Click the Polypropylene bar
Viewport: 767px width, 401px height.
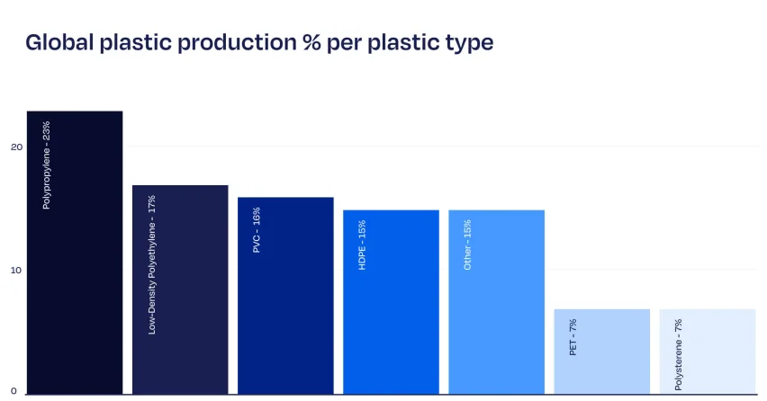pos(75,253)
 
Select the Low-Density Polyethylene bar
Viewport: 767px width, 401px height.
pos(180,290)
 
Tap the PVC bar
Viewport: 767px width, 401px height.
pos(285,296)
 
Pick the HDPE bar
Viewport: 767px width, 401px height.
pos(391,302)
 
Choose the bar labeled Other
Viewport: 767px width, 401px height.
pos(497,302)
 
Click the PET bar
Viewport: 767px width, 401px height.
pos(601,352)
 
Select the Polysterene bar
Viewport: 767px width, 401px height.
pos(708,352)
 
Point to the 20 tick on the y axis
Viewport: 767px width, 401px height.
pos(16,147)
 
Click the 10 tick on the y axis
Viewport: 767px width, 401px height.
pos(16,270)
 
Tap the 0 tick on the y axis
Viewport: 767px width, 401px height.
pos(14,391)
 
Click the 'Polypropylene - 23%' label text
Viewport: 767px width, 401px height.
pos(47,165)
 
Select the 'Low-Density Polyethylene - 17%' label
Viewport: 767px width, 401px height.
pos(151,264)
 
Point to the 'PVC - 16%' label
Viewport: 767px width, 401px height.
pos(257,230)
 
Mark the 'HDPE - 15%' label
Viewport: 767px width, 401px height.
pos(362,245)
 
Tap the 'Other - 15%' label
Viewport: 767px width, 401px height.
pos(467,245)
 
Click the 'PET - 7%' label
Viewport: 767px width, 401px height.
pos(573,337)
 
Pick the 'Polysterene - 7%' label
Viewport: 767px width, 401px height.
pos(679,354)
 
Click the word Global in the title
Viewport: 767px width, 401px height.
pos(59,42)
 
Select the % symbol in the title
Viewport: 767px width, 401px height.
pos(311,42)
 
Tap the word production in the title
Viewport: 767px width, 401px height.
pos(237,43)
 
